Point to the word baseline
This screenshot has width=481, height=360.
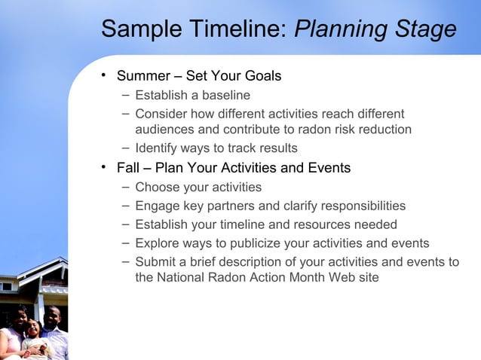[x=224, y=96]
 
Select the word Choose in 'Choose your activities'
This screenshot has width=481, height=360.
[x=155, y=187]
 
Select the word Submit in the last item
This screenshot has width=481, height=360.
[x=155, y=262]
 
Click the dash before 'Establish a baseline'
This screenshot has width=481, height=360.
[x=124, y=96]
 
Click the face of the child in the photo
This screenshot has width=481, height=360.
[x=33, y=328]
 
